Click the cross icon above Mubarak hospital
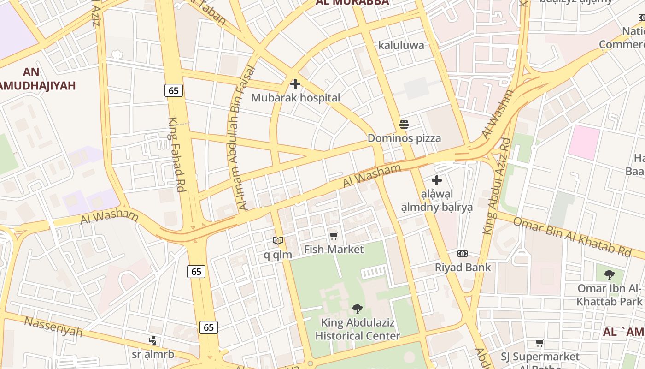point(295,84)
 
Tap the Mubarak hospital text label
point(295,98)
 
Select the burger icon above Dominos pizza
point(404,124)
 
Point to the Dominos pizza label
point(404,138)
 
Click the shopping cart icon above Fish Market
point(334,236)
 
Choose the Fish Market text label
point(334,250)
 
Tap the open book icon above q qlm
point(277,240)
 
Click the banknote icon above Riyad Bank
point(463,254)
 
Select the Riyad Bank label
point(463,268)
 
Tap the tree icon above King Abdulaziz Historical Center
point(357,309)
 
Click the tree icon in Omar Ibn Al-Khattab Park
point(610,275)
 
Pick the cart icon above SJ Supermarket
point(539,343)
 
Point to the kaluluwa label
point(401,45)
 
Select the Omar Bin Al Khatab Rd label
point(572,237)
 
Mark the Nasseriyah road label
point(53,326)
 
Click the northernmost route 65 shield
point(174,90)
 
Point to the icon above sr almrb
point(153,340)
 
